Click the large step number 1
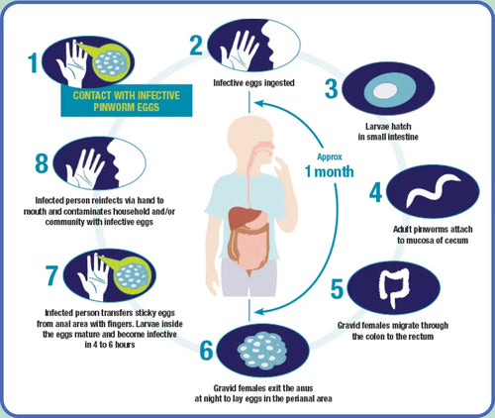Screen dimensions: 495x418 point(33,62)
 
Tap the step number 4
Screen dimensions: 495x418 point(375,192)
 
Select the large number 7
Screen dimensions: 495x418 point(52,275)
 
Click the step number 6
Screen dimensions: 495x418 point(207,351)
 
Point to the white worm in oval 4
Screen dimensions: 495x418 point(433,190)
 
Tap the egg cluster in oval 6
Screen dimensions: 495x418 point(262,351)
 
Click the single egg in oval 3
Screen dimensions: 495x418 point(385,90)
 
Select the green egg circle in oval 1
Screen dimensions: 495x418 point(109,62)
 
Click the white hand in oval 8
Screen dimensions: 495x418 point(85,168)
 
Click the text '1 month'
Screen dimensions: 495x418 point(330,171)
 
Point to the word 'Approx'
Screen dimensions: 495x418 point(330,157)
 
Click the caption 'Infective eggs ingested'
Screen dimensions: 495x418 point(253,82)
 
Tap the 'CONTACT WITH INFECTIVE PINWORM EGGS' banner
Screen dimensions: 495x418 point(127,101)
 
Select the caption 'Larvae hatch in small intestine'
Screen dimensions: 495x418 point(388,132)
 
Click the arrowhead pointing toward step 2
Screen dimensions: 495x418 point(259,103)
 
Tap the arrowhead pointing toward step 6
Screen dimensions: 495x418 point(259,312)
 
